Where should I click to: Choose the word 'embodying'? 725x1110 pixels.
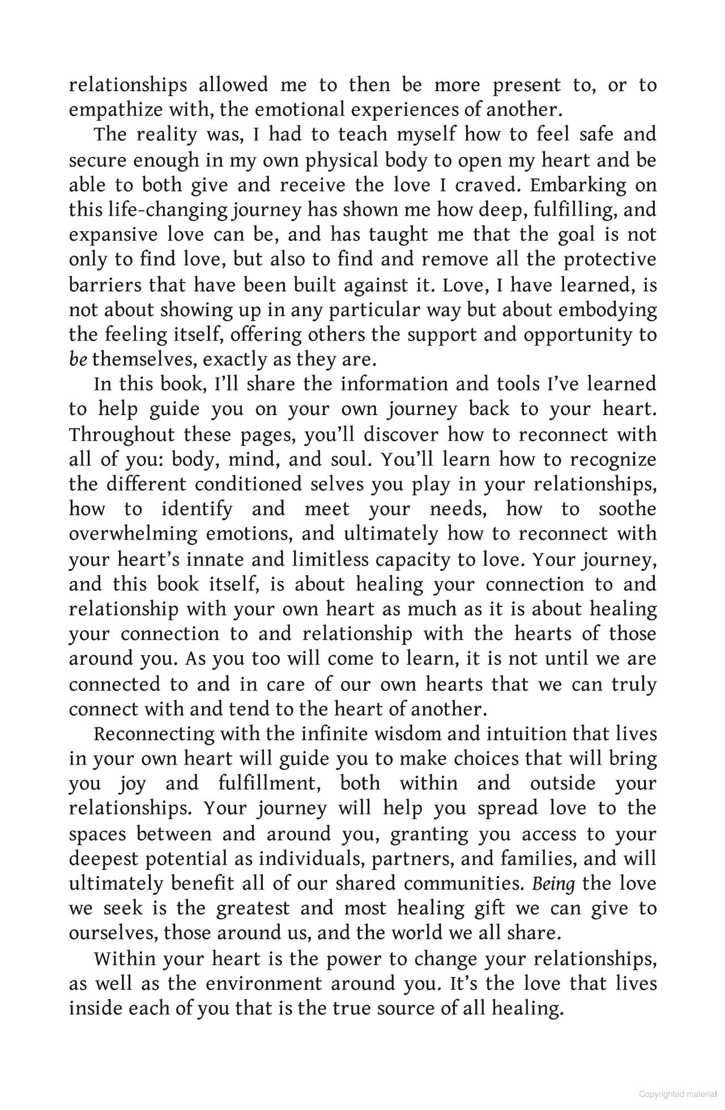(x=609, y=310)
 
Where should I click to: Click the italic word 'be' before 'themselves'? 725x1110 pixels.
(x=78, y=360)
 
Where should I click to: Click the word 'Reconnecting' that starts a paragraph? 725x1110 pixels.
(x=153, y=734)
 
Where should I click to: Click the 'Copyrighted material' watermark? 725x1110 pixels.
(x=677, y=1094)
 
